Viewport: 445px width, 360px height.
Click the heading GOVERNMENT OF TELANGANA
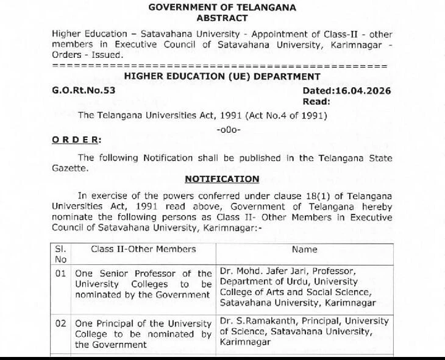coord(222,8)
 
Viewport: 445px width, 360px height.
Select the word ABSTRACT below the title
coord(222,18)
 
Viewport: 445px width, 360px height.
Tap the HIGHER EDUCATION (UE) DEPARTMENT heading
coord(222,77)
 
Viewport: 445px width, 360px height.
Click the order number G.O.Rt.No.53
coord(84,90)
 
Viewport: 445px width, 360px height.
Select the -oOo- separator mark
coord(229,129)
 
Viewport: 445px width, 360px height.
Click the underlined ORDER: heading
coord(76,139)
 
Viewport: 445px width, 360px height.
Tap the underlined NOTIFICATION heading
coord(222,179)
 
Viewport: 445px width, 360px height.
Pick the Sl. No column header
coord(61,254)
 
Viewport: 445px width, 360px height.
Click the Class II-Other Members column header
coord(143,249)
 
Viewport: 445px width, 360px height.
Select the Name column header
coord(304,249)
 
